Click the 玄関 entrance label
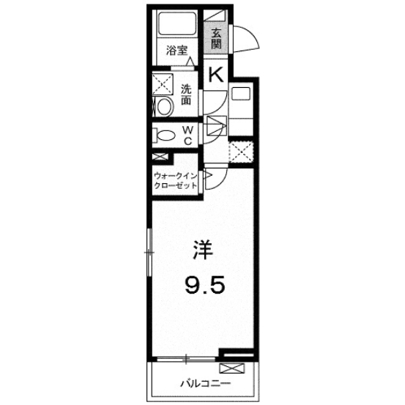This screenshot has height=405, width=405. click(x=217, y=37)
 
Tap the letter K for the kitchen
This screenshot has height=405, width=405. click(x=216, y=75)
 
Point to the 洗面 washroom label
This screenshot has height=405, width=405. click(x=186, y=95)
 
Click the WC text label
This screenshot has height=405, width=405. click(x=187, y=136)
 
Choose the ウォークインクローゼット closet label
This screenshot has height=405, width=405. click(x=175, y=181)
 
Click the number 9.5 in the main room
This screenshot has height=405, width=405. click(x=204, y=284)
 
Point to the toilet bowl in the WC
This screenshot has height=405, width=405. click(x=167, y=135)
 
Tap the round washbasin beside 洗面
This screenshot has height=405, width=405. click(x=164, y=108)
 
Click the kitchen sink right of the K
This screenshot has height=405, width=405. click(x=240, y=94)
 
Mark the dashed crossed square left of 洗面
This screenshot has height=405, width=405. click(x=163, y=83)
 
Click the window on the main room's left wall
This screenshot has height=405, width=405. click(x=150, y=251)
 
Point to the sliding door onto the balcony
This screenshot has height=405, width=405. click(x=187, y=358)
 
